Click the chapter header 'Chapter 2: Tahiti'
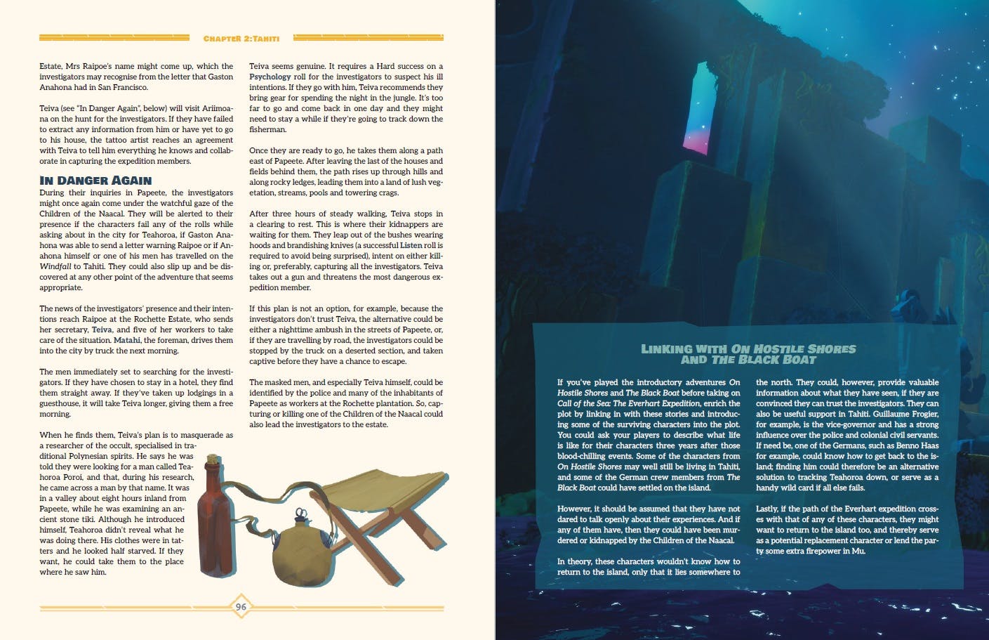point(242,37)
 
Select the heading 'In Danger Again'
point(95,181)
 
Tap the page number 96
point(241,607)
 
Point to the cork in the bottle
point(211,462)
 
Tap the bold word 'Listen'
point(411,246)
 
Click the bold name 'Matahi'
point(127,341)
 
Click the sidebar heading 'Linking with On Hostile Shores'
point(748,349)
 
